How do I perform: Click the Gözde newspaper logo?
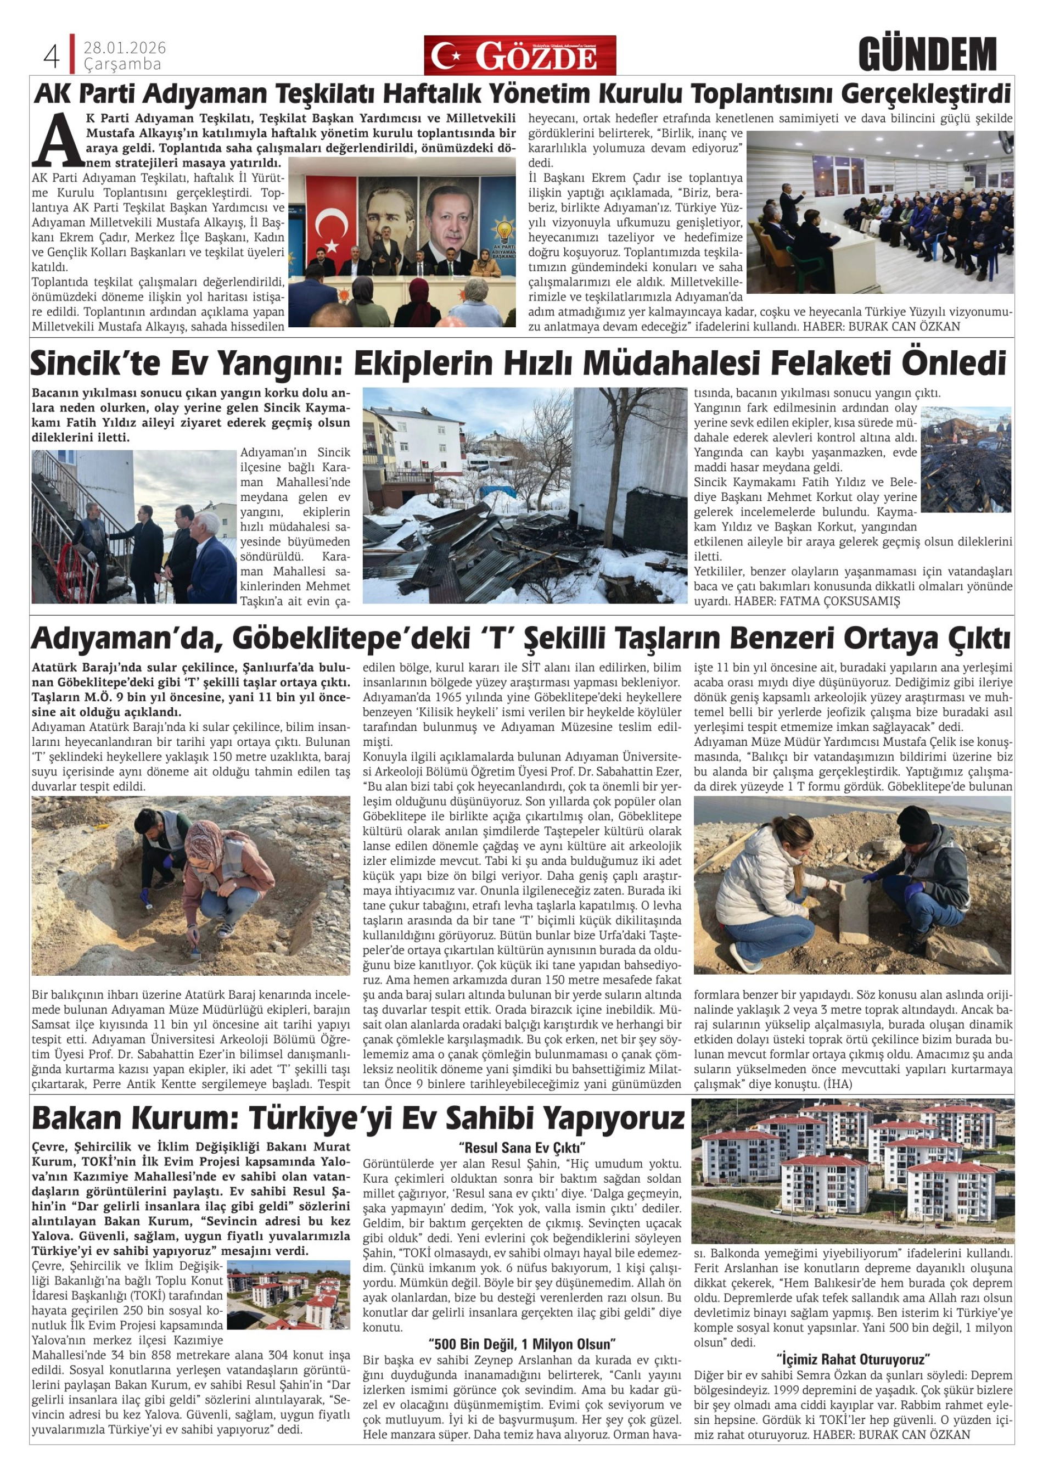coord(519,56)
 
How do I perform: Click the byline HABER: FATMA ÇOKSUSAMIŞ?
coord(817,602)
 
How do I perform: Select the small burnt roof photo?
coord(965,459)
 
